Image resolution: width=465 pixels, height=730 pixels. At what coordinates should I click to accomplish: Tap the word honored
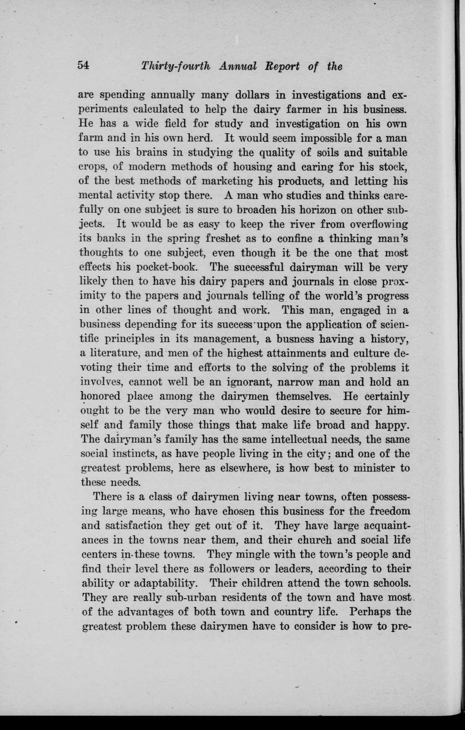point(100,396)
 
